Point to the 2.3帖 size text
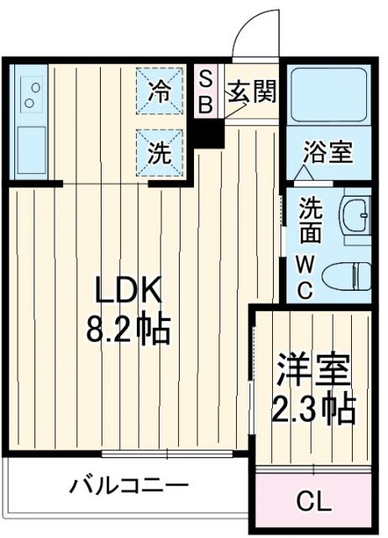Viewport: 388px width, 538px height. (312, 409)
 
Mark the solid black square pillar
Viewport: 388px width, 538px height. (209, 133)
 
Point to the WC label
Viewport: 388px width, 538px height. (307, 276)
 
